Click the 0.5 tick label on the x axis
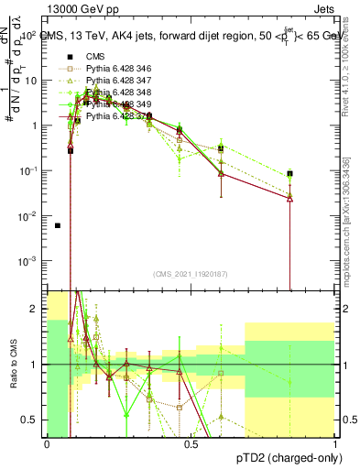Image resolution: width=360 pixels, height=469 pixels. pyautogui.click(x=191, y=445)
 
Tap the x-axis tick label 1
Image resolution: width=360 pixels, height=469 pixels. pyautogui.click(x=335, y=445)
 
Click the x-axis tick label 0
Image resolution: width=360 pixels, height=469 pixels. pyautogui.click(x=47, y=445)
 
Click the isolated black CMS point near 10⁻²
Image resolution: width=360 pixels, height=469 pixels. pyautogui.click(x=58, y=225)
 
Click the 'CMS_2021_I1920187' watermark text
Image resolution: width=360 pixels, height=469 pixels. pyautogui.click(x=190, y=274)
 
